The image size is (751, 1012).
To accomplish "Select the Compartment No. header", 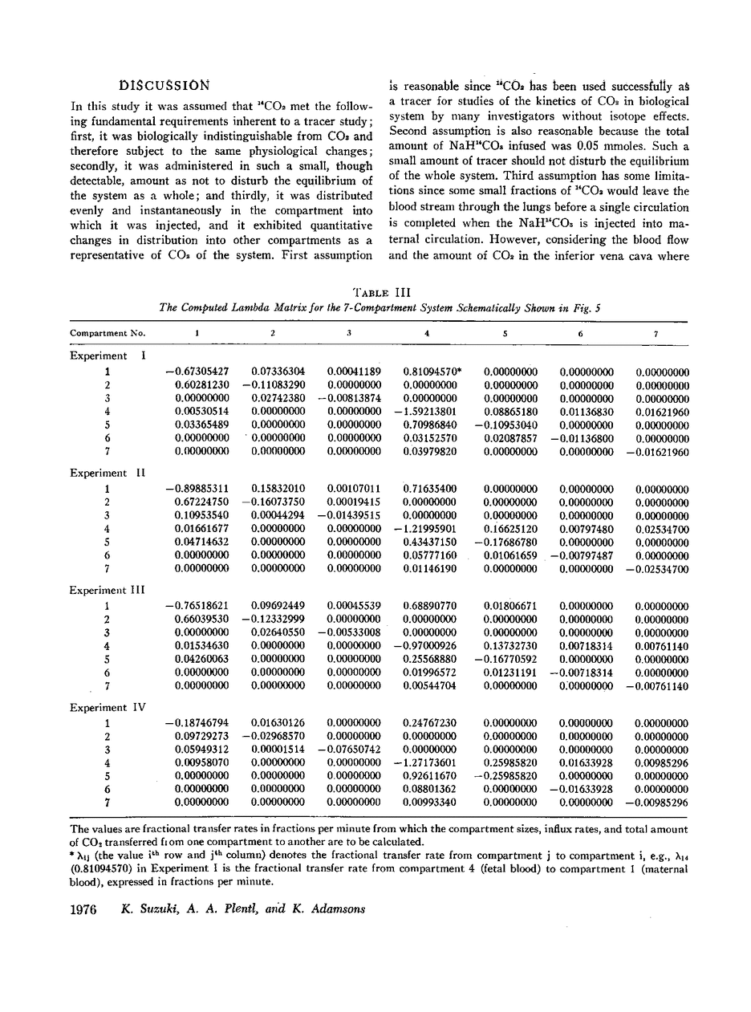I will (x=103, y=332).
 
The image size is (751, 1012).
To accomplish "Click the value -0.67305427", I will (x=197, y=372).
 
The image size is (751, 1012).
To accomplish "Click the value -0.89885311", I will (x=197, y=489).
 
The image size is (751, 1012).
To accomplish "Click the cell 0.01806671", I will (x=511, y=606).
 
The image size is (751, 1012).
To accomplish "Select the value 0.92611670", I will (x=430, y=776).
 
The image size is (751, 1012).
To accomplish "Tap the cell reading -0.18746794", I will (x=197, y=723).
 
